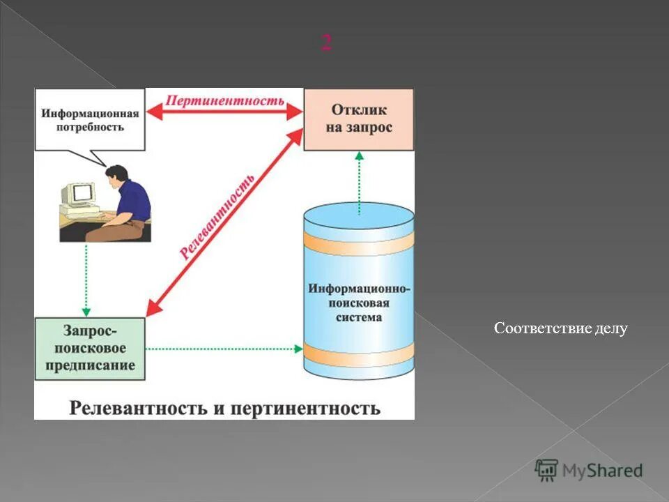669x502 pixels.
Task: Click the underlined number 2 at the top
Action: (326, 43)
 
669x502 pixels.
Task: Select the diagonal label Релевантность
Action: (217, 216)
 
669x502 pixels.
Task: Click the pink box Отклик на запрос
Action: (359, 119)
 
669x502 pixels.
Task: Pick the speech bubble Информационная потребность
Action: (89, 119)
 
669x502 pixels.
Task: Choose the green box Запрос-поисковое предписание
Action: (90, 348)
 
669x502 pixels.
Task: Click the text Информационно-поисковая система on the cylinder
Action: (359, 303)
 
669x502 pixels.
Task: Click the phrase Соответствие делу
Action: (560, 328)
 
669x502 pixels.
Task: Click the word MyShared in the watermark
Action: (602, 471)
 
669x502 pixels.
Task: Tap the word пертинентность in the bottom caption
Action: (304, 407)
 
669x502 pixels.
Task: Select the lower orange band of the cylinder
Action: (359, 352)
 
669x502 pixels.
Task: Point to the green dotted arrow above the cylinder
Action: (360, 183)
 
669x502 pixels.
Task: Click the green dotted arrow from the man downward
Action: (86, 279)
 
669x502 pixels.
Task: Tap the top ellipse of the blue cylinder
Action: (359, 216)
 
